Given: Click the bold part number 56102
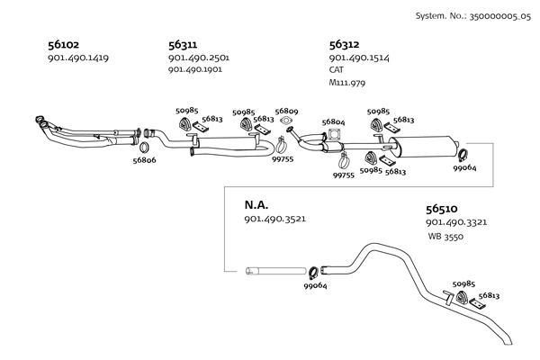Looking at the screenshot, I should [x=64, y=43].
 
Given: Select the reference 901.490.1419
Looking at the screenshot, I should [x=77, y=58].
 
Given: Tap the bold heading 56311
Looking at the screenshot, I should [x=184, y=43].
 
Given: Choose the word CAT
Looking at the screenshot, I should [x=337, y=69].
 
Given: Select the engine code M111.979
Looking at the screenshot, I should [x=348, y=82].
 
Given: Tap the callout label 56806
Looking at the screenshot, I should [x=145, y=160].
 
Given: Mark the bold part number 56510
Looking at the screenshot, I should [x=442, y=208].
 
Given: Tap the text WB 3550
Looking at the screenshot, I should [x=446, y=236].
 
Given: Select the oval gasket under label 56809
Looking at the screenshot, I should [x=287, y=119].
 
